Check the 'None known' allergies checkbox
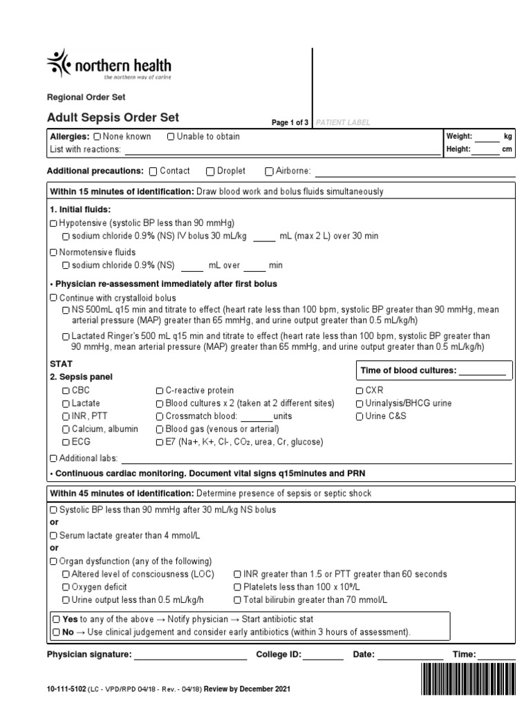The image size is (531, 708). (x=97, y=137)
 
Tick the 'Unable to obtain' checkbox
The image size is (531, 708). (x=171, y=137)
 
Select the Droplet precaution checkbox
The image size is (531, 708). (x=210, y=171)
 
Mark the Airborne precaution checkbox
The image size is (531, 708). (x=270, y=171)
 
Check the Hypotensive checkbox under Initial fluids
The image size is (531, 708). (x=54, y=223)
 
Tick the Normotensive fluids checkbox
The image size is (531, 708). (x=54, y=252)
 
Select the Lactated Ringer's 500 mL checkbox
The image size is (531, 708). (x=66, y=336)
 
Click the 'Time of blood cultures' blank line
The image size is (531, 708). (x=483, y=371)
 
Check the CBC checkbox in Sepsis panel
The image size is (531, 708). (x=66, y=391)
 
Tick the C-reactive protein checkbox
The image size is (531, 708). (x=160, y=391)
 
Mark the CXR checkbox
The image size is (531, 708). (x=360, y=391)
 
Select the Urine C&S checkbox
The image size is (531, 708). (x=360, y=416)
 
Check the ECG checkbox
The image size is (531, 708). (x=66, y=442)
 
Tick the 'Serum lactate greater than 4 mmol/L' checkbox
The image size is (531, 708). (x=54, y=536)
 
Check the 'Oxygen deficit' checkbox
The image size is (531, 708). (x=66, y=587)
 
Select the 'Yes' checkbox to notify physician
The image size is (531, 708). (x=57, y=619)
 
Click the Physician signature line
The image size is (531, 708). (x=189, y=655)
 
